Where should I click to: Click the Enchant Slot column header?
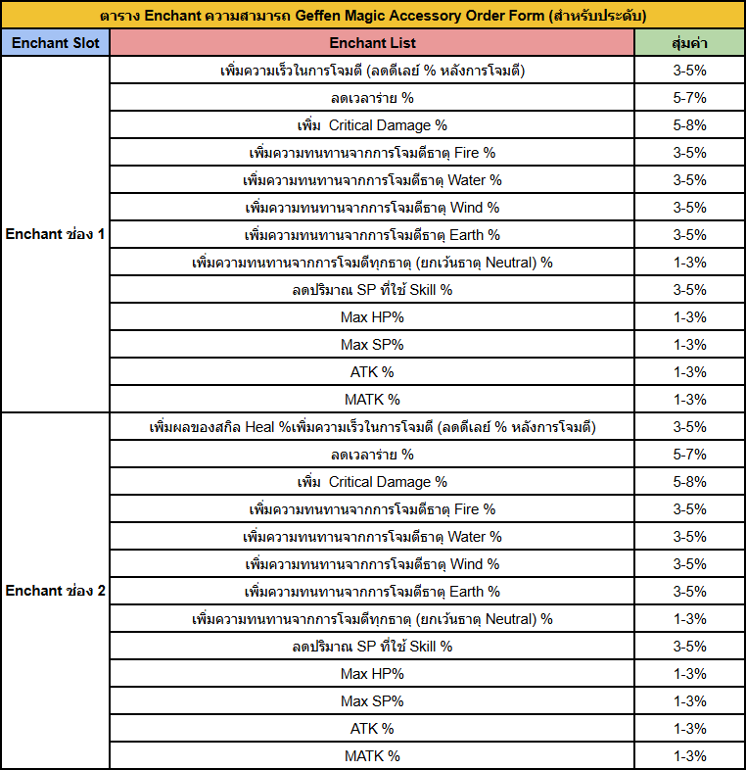(x=56, y=43)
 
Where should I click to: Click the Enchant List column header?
(x=372, y=43)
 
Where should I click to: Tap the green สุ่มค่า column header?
(x=689, y=43)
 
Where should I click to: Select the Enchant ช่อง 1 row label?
(x=56, y=234)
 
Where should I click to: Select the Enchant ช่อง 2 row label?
(x=56, y=591)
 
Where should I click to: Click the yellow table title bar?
(x=373, y=16)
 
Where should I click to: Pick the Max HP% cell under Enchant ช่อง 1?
(x=372, y=317)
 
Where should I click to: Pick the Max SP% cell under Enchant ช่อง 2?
(x=372, y=701)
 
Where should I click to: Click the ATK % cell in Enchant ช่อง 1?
(x=372, y=372)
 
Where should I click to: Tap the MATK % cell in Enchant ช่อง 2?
(x=372, y=755)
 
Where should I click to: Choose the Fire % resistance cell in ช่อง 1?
(x=372, y=153)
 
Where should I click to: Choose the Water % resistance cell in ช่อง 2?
(x=372, y=537)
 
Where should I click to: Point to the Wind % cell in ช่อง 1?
(x=372, y=208)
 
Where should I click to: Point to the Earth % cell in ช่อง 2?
(x=372, y=592)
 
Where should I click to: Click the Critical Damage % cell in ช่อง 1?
(x=372, y=125)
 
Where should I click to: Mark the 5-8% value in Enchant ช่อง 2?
(x=689, y=482)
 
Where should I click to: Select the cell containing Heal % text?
(x=372, y=427)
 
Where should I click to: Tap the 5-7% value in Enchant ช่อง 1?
(x=689, y=98)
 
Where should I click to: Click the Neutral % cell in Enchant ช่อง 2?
(x=372, y=619)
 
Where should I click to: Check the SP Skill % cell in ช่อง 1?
(x=372, y=290)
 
